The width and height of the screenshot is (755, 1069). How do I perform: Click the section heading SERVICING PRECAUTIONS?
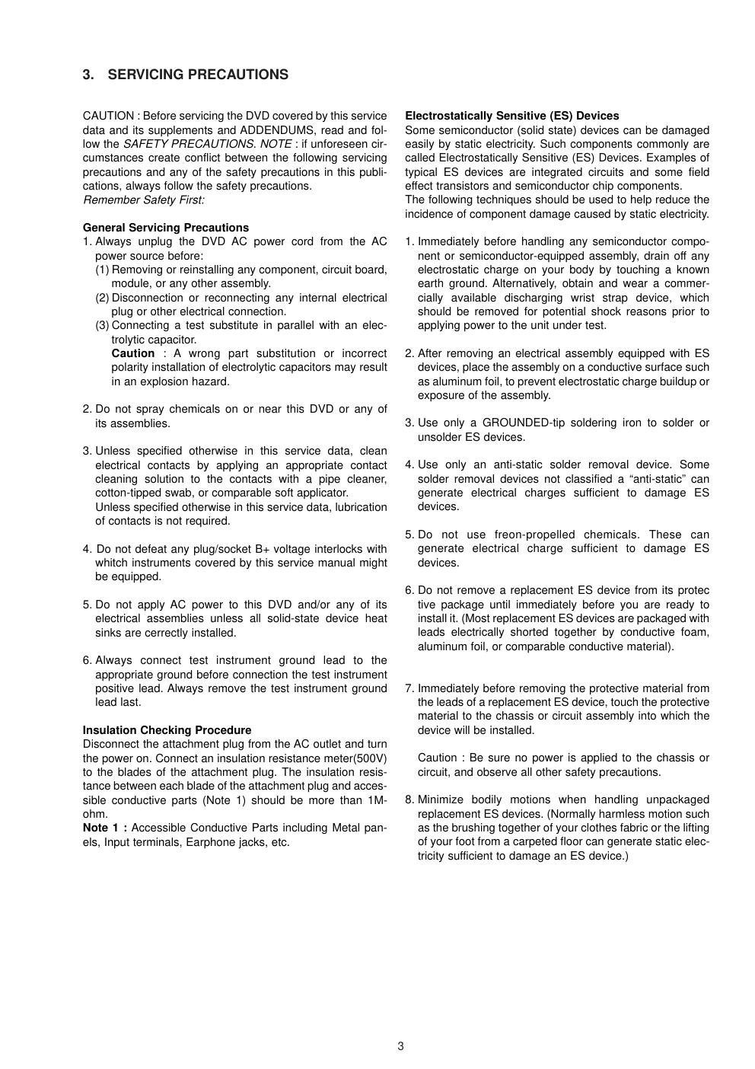(198, 75)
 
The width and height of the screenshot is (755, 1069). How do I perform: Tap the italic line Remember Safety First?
(143, 200)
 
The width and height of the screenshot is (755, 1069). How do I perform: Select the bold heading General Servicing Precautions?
(165, 228)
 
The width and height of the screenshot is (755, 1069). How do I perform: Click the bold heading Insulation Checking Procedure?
(167, 730)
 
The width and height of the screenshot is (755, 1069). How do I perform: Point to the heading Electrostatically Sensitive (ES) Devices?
(511, 116)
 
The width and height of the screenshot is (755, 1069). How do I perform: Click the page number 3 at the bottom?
(400, 1046)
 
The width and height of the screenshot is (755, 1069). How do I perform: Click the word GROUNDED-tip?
(525, 423)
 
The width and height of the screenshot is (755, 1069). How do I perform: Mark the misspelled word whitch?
(113, 563)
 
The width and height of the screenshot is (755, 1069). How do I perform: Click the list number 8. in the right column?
(409, 799)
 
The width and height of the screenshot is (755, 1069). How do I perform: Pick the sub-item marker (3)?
(103, 325)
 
